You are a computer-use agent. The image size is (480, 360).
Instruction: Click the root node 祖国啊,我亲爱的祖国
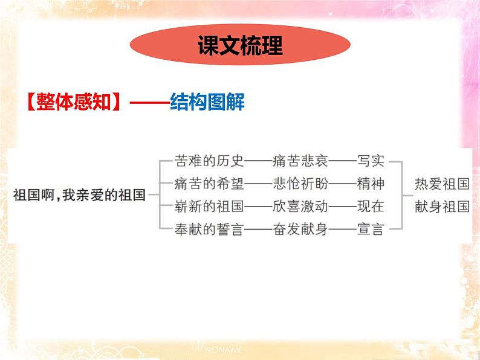79,195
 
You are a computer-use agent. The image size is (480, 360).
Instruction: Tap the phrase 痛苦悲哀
300,161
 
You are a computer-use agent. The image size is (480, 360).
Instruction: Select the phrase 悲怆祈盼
300,184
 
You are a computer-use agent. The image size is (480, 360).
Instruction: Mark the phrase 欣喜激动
300,206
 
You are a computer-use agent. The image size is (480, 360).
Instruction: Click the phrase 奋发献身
300,229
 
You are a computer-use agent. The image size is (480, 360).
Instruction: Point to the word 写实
370,161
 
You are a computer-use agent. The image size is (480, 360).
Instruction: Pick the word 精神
370,184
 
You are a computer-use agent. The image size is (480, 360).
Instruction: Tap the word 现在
370,206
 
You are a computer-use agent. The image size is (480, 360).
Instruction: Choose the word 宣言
370,229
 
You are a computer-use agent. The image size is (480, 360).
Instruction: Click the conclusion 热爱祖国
442,184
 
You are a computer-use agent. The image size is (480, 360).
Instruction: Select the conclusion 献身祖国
442,206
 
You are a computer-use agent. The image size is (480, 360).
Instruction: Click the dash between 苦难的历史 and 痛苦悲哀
258,161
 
